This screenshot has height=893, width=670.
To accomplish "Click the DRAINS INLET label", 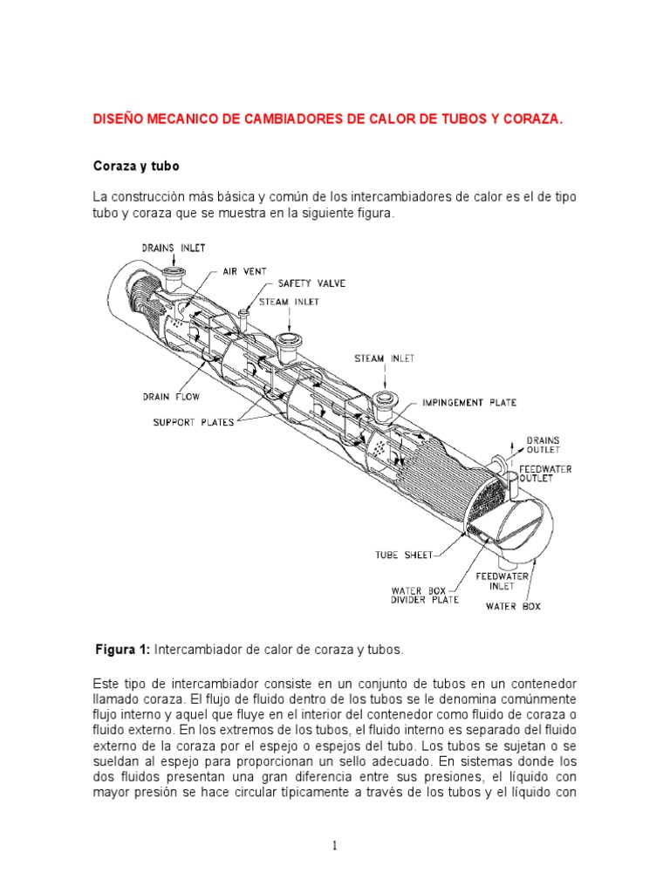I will pyautogui.click(x=174, y=249).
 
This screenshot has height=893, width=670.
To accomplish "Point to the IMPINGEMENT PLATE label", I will pyautogui.click(x=469, y=403).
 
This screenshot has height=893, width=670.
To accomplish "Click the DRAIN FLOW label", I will pyautogui.click(x=172, y=397).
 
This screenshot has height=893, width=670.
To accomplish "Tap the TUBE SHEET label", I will pyautogui.click(x=404, y=555).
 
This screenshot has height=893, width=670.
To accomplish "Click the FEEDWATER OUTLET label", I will pyautogui.click(x=546, y=474).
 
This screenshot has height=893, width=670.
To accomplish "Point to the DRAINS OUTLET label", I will pyautogui.click(x=543, y=446).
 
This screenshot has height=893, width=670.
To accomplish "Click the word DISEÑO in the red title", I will pyautogui.click(x=118, y=119).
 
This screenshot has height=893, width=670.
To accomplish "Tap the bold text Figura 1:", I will pyautogui.click(x=123, y=650).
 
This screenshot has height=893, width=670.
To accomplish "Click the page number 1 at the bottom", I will pyautogui.click(x=335, y=845).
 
